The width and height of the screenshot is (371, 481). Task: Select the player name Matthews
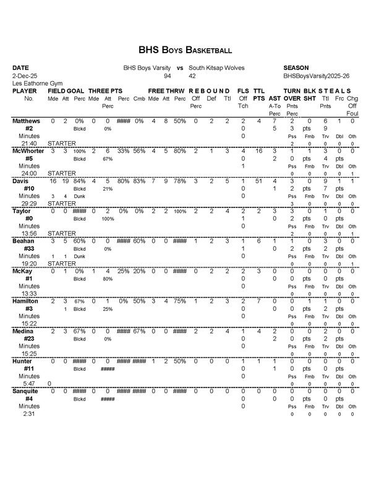[x=26, y=121]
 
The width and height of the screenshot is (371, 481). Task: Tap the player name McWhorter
[x=28, y=150]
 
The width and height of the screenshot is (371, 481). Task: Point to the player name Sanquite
[x=26, y=392]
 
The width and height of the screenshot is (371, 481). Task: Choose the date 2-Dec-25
[x=25, y=76]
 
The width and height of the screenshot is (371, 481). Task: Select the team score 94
[x=167, y=76]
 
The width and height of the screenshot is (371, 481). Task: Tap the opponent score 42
[x=192, y=76]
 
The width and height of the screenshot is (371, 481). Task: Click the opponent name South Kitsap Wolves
[x=216, y=67]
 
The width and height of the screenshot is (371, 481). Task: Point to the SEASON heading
[x=296, y=67]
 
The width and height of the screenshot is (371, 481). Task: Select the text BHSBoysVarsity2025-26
[x=312, y=76]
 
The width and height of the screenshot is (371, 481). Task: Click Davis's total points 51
[x=259, y=181]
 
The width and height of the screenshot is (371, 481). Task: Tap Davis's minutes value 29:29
[x=22, y=203]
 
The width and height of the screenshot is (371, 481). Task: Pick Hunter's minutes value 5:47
[x=20, y=384]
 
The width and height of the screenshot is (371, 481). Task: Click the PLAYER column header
[x=25, y=90]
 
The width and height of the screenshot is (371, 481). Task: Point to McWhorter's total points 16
[x=259, y=150]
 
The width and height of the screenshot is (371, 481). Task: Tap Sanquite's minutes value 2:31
[x=20, y=414]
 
